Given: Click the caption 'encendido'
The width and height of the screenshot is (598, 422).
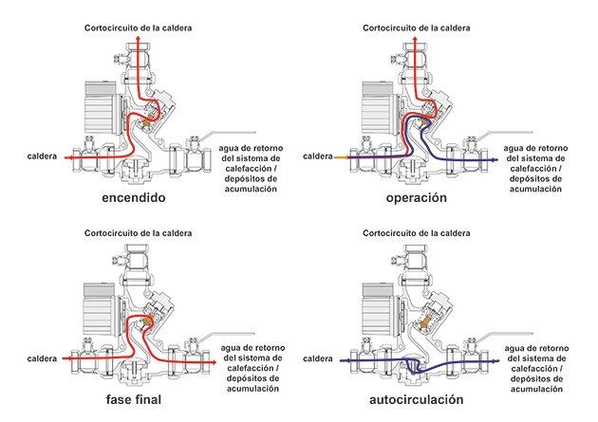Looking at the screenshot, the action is [x=134, y=197].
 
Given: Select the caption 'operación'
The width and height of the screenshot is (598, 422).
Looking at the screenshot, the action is [x=417, y=198].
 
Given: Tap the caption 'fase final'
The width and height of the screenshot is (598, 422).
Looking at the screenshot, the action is [x=134, y=399].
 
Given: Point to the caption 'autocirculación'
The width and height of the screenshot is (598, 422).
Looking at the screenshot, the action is [x=417, y=399].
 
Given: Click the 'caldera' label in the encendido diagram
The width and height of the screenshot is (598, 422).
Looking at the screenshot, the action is [x=42, y=156].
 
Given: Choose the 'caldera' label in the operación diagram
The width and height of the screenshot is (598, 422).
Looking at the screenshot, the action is [x=318, y=156].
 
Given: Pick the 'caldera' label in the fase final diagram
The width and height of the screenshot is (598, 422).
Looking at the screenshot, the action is [x=42, y=358].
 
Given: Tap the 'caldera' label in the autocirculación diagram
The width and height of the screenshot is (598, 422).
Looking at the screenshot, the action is [x=318, y=358].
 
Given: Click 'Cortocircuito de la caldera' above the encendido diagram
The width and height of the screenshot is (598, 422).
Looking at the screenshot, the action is [x=138, y=28].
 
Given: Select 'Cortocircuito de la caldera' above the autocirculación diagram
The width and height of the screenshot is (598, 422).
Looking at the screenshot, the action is [x=417, y=233].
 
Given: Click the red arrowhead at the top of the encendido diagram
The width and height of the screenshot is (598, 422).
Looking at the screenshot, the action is [x=138, y=38].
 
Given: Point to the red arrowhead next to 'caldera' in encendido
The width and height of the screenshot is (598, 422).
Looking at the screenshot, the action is [x=66, y=157].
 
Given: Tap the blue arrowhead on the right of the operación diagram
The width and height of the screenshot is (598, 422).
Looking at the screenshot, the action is [x=495, y=160].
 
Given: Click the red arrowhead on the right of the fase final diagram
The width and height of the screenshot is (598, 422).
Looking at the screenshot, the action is [x=214, y=362].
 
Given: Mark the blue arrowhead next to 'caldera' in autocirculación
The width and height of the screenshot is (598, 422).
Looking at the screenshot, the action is [x=343, y=360].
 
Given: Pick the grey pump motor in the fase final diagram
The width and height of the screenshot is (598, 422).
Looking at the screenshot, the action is [x=99, y=309].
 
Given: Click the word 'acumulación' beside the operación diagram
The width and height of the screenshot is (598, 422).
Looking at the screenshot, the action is [x=536, y=189].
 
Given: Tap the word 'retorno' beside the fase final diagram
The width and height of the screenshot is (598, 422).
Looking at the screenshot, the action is [x=270, y=348].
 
